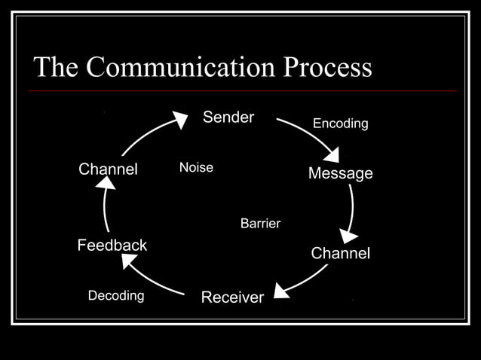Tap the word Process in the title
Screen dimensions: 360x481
(x=327, y=67)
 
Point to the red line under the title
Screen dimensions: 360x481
(x=241, y=91)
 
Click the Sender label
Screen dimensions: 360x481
(x=228, y=117)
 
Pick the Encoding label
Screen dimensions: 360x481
(x=340, y=124)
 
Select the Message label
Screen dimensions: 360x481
(x=340, y=174)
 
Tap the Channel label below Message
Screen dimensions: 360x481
(x=340, y=254)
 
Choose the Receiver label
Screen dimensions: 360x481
(x=232, y=297)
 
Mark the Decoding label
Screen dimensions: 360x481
(x=116, y=295)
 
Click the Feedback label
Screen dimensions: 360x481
(x=112, y=246)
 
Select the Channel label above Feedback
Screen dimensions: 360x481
(x=108, y=169)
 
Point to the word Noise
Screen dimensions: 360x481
(x=196, y=168)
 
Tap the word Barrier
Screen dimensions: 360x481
(x=260, y=224)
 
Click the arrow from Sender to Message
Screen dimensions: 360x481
(x=311, y=136)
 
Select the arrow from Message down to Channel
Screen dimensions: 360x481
(x=351, y=211)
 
